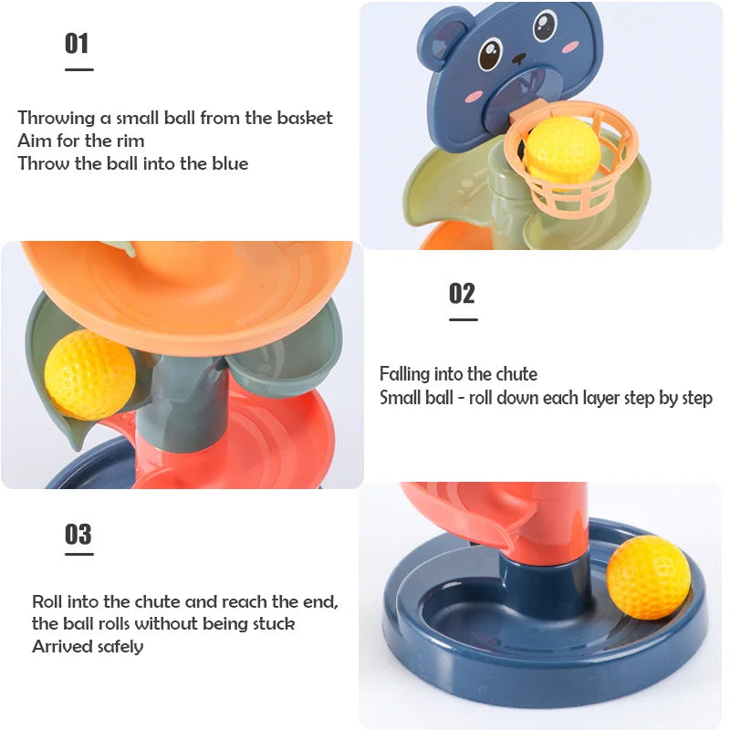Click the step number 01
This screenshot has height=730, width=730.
[77, 43]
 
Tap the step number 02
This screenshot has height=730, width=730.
[462, 293]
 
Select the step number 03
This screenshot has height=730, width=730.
[78, 534]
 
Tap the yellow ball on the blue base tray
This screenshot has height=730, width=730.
[648, 577]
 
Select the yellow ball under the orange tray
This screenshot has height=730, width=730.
[89, 374]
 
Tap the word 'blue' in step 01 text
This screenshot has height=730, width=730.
[227, 164]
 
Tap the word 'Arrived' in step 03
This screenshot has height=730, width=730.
[59, 647]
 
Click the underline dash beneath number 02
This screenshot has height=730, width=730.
[463, 319]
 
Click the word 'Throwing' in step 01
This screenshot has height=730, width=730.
[55, 118]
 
